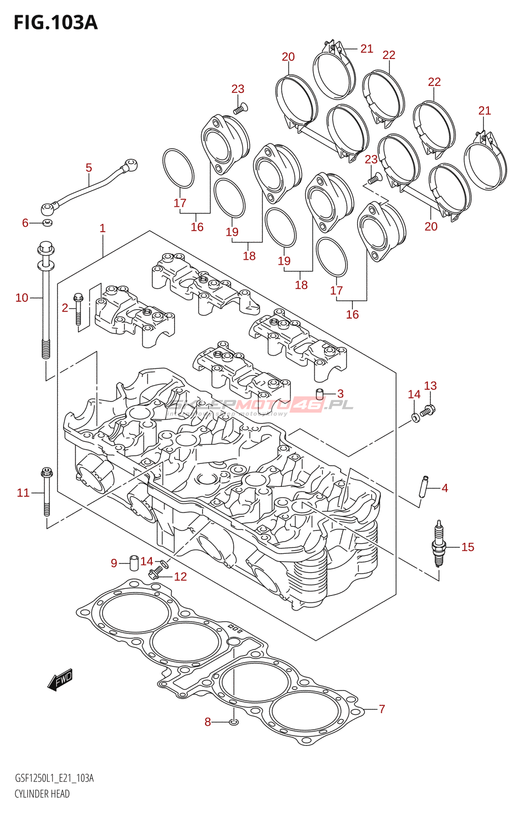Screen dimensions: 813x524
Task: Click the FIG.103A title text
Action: [55, 23]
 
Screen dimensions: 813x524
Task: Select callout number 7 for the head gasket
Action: [382, 709]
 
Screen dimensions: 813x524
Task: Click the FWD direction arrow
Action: [60, 679]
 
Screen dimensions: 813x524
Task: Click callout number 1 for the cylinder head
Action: [103, 228]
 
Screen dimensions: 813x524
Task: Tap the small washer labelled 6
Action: [47, 223]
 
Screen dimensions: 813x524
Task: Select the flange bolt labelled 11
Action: [46, 492]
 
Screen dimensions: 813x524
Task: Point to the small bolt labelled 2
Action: [78, 308]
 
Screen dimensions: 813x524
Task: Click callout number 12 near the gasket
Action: [180, 577]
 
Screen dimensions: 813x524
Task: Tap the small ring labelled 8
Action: [233, 722]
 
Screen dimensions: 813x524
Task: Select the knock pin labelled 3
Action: [319, 394]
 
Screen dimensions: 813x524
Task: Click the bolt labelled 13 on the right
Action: [429, 410]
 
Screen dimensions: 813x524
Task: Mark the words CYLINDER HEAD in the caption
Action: [42, 794]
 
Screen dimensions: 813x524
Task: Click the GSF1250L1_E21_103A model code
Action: [54, 778]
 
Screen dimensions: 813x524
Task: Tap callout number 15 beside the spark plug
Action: [468, 547]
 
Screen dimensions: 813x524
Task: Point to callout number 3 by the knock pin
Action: [340, 393]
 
